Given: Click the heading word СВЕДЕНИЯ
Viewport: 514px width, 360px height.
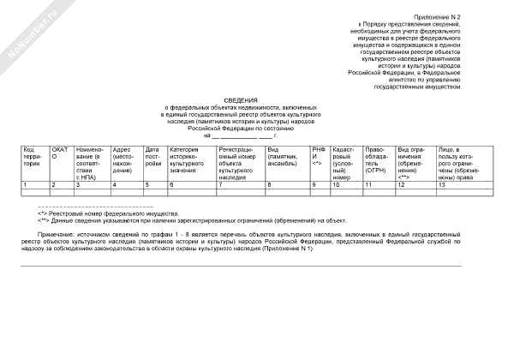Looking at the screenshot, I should click(x=241, y=100).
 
